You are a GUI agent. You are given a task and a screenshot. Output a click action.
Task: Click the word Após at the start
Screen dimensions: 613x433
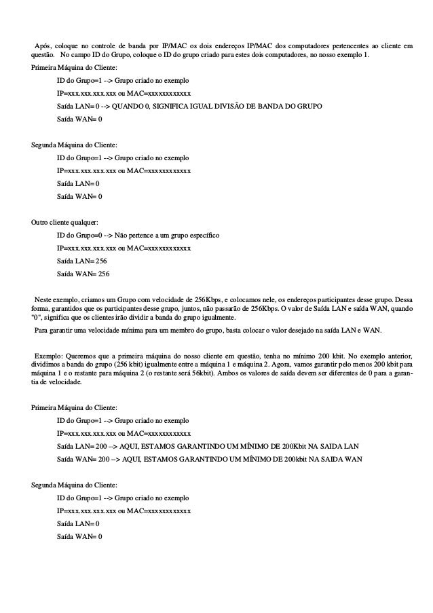(x=43, y=45)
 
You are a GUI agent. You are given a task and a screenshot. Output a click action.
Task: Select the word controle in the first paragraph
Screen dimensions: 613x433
(x=121, y=45)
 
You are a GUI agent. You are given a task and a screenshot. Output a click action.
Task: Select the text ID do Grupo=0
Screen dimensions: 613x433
(x=80, y=235)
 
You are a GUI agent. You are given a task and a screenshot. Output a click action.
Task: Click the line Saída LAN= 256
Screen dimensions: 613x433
(x=81, y=261)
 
